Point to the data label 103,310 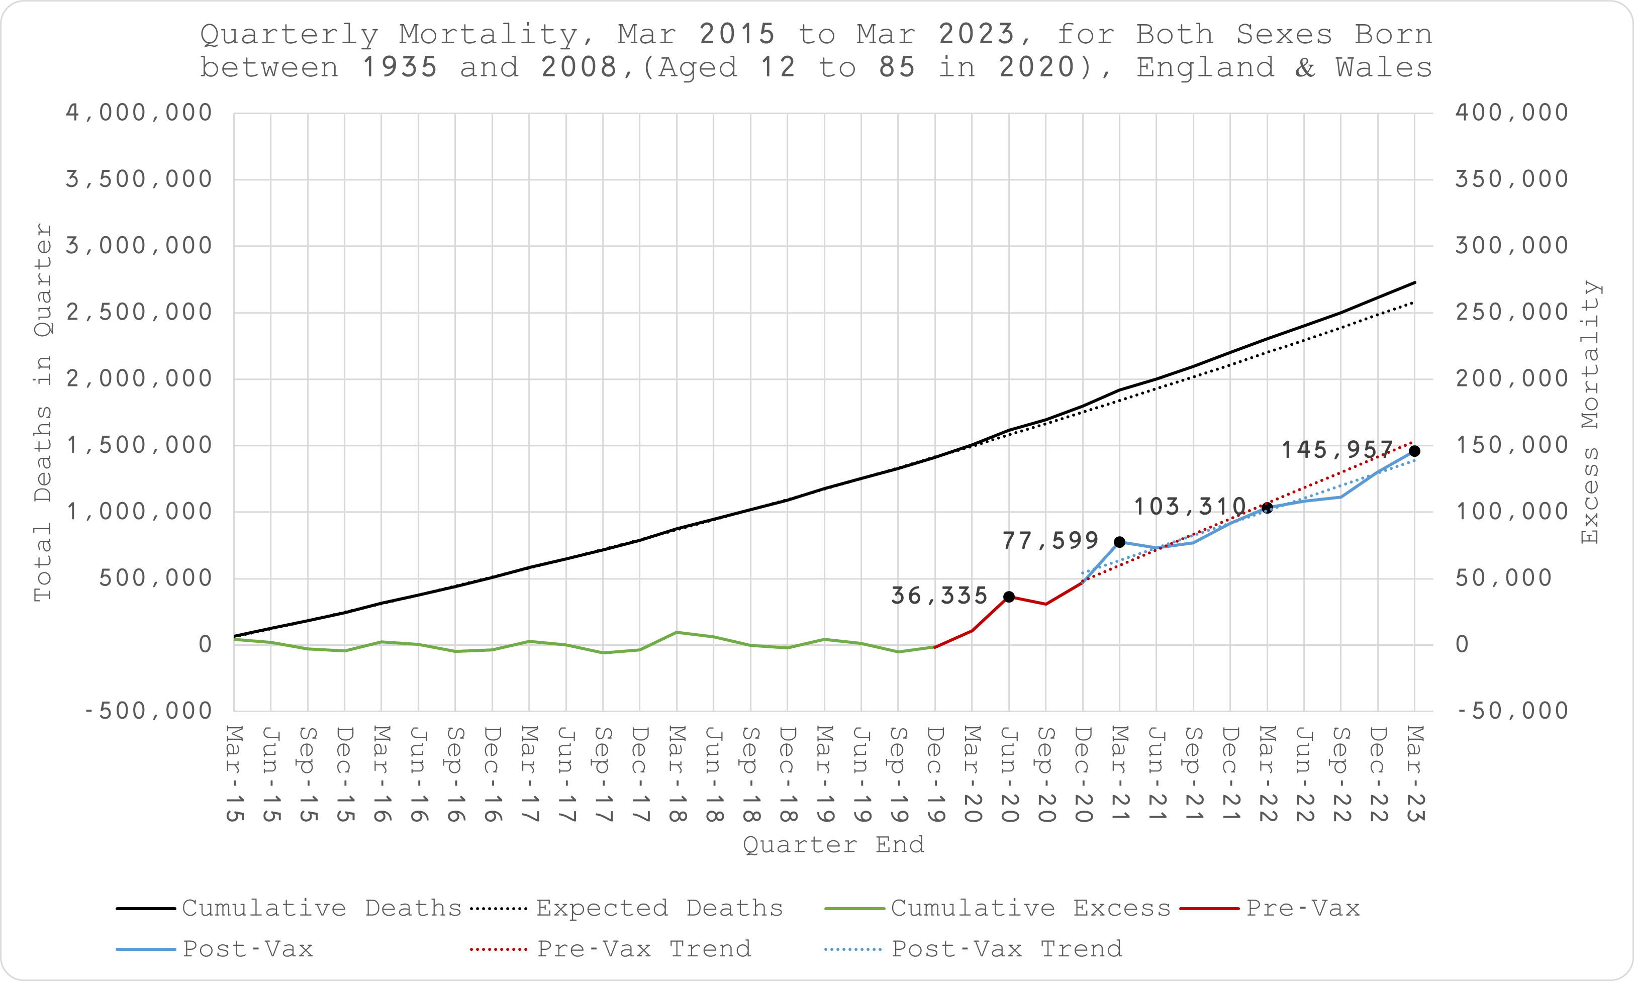tap(1190, 507)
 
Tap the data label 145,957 tap(1337, 450)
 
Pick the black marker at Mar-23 tap(1414, 451)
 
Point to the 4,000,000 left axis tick tap(139, 113)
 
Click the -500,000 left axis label tap(148, 711)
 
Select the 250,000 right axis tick tap(1511, 313)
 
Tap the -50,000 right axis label tap(1511, 711)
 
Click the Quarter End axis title tap(833, 845)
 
